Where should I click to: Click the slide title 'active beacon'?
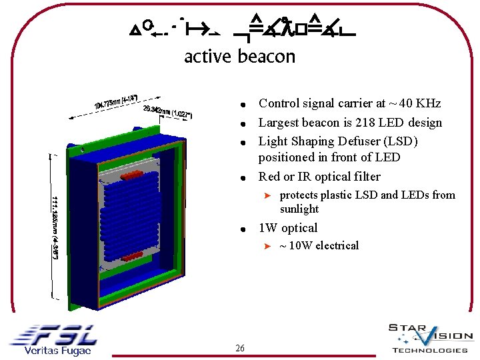pyautogui.click(x=239, y=57)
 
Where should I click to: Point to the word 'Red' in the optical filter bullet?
pyautogui.click(x=269, y=177)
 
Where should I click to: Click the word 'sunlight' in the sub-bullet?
pyautogui.click(x=299, y=209)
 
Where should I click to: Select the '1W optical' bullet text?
pyautogui.click(x=288, y=228)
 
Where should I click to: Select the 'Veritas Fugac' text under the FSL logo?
pyautogui.click(x=57, y=351)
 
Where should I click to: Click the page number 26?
pyautogui.click(x=240, y=348)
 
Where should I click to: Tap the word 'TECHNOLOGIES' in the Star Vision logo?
pyautogui.click(x=430, y=350)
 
